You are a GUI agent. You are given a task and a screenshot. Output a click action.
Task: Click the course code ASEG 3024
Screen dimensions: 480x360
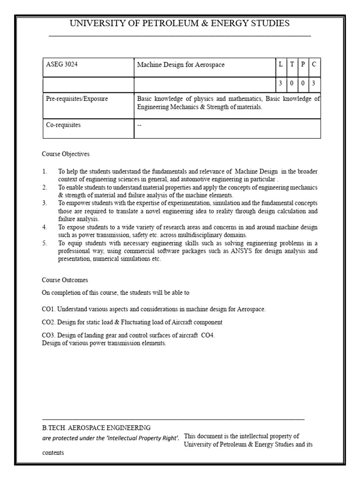click(61, 65)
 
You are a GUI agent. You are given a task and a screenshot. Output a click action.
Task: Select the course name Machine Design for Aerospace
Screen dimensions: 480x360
click(180, 65)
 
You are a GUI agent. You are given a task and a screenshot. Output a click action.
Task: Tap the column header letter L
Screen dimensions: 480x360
click(280, 65)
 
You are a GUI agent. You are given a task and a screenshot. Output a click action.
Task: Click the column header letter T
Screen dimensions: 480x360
click(292, 65)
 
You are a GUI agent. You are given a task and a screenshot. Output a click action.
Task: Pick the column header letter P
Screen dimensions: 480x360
click(303, 65)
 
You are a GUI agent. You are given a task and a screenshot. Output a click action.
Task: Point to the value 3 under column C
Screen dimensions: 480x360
click(314, 82)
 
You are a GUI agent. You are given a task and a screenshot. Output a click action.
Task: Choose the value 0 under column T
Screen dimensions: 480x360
click(292, 82)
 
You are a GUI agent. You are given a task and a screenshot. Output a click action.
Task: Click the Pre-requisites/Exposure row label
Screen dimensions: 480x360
click(76, 99)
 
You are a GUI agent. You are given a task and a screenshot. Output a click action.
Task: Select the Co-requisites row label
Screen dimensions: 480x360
click(63, 125)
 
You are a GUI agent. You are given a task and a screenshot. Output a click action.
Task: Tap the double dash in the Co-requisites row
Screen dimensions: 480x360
click(139, 125)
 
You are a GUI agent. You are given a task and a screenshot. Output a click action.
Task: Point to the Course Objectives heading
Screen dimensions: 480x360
click(66, 154)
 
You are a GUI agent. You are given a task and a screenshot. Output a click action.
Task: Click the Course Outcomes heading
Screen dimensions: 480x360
click(65, 280)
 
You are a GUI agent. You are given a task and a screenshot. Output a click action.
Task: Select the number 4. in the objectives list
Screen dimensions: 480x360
click(45, 227)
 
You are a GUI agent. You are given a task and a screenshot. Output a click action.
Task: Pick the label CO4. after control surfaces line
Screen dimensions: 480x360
click(208, 335)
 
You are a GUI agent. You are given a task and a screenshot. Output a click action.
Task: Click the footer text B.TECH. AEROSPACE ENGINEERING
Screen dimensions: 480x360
click(96, 427)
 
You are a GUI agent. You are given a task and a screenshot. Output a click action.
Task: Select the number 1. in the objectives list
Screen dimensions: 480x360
click(45, 172)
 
